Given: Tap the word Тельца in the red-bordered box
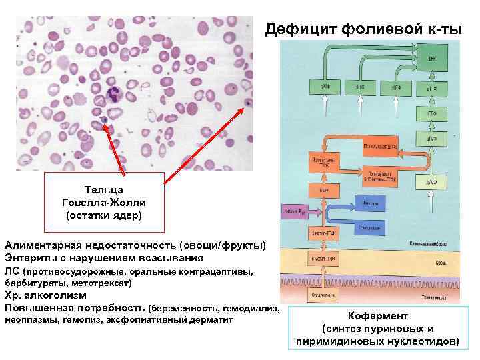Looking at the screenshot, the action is [x=103, y=190].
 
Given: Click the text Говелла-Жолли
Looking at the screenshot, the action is [x=103, y=203].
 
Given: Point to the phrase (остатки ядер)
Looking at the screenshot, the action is [x=103, y=215].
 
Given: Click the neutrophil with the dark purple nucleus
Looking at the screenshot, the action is [x=108, y=96].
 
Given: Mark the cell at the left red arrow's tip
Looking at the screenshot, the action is [x=104, y=121].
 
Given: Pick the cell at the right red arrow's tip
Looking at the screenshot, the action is [x=249, y=103].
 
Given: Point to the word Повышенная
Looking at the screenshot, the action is [x=40, y=307].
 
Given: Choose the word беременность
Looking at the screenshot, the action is [x=186, y=308].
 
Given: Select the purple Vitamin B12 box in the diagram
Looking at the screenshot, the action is [x=293, y=211].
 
